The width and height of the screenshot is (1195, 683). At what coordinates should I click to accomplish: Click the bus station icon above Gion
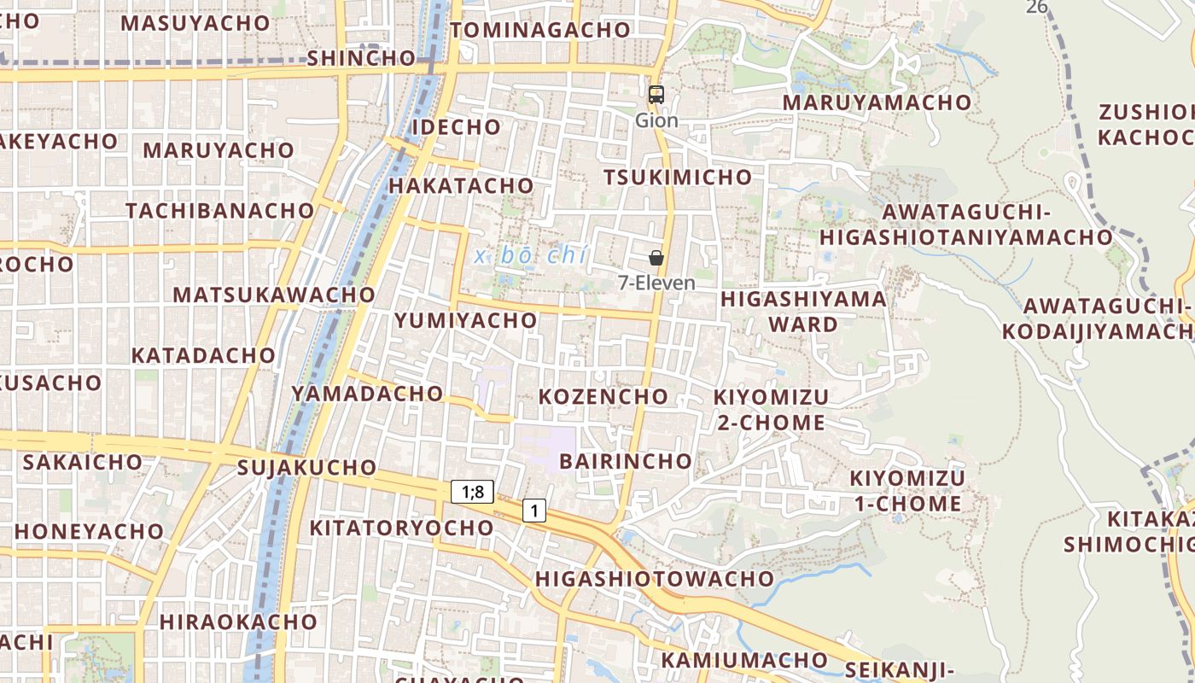pyautogui.click(x=656, y=95)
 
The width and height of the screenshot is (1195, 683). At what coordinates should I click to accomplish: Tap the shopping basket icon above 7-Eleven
pyautogui.click(x=656, y=257)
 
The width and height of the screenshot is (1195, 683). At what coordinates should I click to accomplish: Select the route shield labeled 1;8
pyautogui.click(x=472, y=491)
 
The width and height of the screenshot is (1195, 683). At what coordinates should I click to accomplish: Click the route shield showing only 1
pyautogui.click(x=534, y=511)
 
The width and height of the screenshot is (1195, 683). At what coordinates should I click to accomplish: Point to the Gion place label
pyautogui.click(x=656, y=120)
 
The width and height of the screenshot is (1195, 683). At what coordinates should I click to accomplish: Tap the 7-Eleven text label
pyautogui.click(x=656, y=283)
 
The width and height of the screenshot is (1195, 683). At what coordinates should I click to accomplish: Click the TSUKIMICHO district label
pyautogui.click(x=678, y=178)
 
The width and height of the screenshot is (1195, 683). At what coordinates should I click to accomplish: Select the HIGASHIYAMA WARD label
pyautogui.click(x=803, y=312)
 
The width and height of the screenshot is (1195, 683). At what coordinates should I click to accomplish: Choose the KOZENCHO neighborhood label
pyautogui.click(x=603, y=396)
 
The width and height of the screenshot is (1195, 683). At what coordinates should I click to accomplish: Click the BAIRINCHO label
pyautogui.click(x=626, y=461)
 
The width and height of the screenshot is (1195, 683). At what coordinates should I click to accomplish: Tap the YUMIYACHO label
pyautogui.click(x=465, y=321)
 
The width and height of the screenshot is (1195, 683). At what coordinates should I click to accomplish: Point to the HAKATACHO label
pyautogui.click(x=461, y=186)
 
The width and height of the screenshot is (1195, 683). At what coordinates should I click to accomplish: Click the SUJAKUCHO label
pyautogui.click(x=306, y=468)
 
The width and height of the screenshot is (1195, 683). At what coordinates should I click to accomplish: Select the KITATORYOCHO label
pyautogui.click(x=401, y=528)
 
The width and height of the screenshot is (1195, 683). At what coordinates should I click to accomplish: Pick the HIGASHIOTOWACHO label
pyautogui.click(x=654, y=579)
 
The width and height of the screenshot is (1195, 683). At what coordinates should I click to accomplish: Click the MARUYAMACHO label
pyautogui.click(x=877, y=102)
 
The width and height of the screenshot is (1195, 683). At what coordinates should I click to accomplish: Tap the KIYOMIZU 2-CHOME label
pyautogui.click(x=771, y=410)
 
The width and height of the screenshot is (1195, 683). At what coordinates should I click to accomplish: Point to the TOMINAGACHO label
pyautogui.click(x=540, y=30)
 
